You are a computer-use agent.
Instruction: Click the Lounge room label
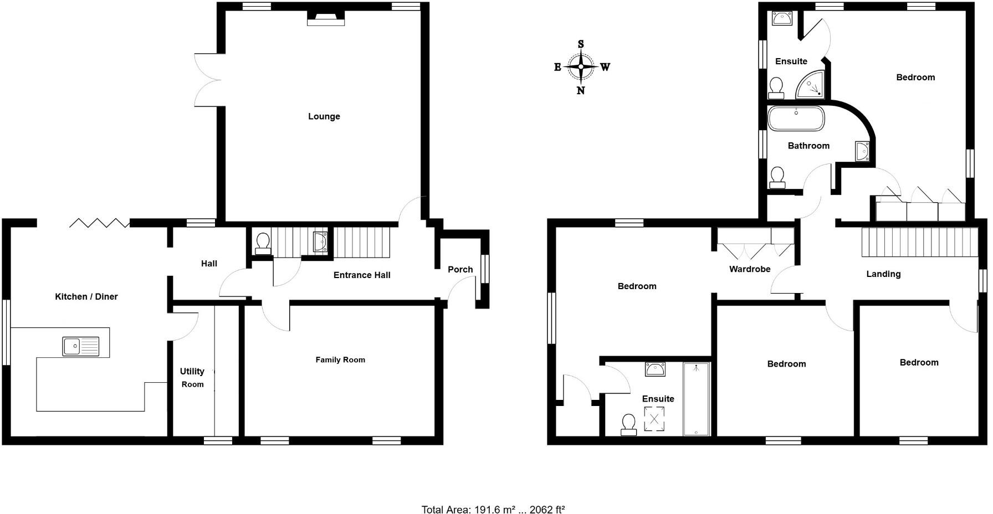click(324, 116)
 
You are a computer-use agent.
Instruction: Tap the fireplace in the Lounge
click(326, 19)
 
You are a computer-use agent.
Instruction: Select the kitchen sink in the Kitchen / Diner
click(81, 347)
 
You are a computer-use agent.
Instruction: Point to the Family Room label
click(340, 360)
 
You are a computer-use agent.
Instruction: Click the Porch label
click(460, 270)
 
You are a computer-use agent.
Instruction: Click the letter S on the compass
click(581, 44)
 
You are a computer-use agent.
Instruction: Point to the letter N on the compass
click(581, 91)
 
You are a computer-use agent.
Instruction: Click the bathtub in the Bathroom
click(796, 119)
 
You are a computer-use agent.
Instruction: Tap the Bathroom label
click(808, 146)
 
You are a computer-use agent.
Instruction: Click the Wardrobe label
click(750, 269)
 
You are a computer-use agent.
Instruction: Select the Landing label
click(883, 274)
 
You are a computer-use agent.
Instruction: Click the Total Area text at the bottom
click(493, 510)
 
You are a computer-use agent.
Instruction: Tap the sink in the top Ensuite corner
click(782, 19)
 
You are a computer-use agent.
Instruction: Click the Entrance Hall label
click(362, 275)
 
